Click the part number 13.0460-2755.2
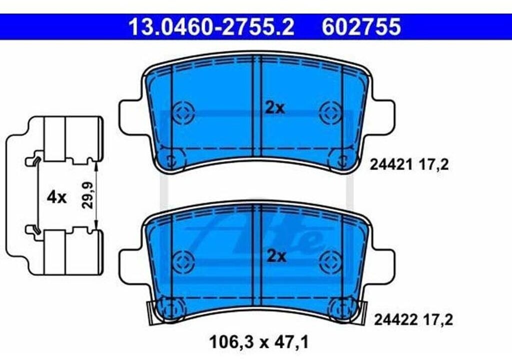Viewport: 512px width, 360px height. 211,27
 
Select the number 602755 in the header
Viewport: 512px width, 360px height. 361,27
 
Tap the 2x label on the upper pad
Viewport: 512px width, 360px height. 274,108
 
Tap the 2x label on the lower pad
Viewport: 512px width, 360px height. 276,256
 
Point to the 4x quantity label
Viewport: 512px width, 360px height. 56,197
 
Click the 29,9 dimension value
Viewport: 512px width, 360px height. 87,195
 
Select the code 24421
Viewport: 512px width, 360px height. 390,165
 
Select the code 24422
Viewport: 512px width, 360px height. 395,320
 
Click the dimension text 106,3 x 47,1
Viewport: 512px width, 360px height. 258,342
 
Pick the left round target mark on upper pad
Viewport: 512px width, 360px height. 183,112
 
